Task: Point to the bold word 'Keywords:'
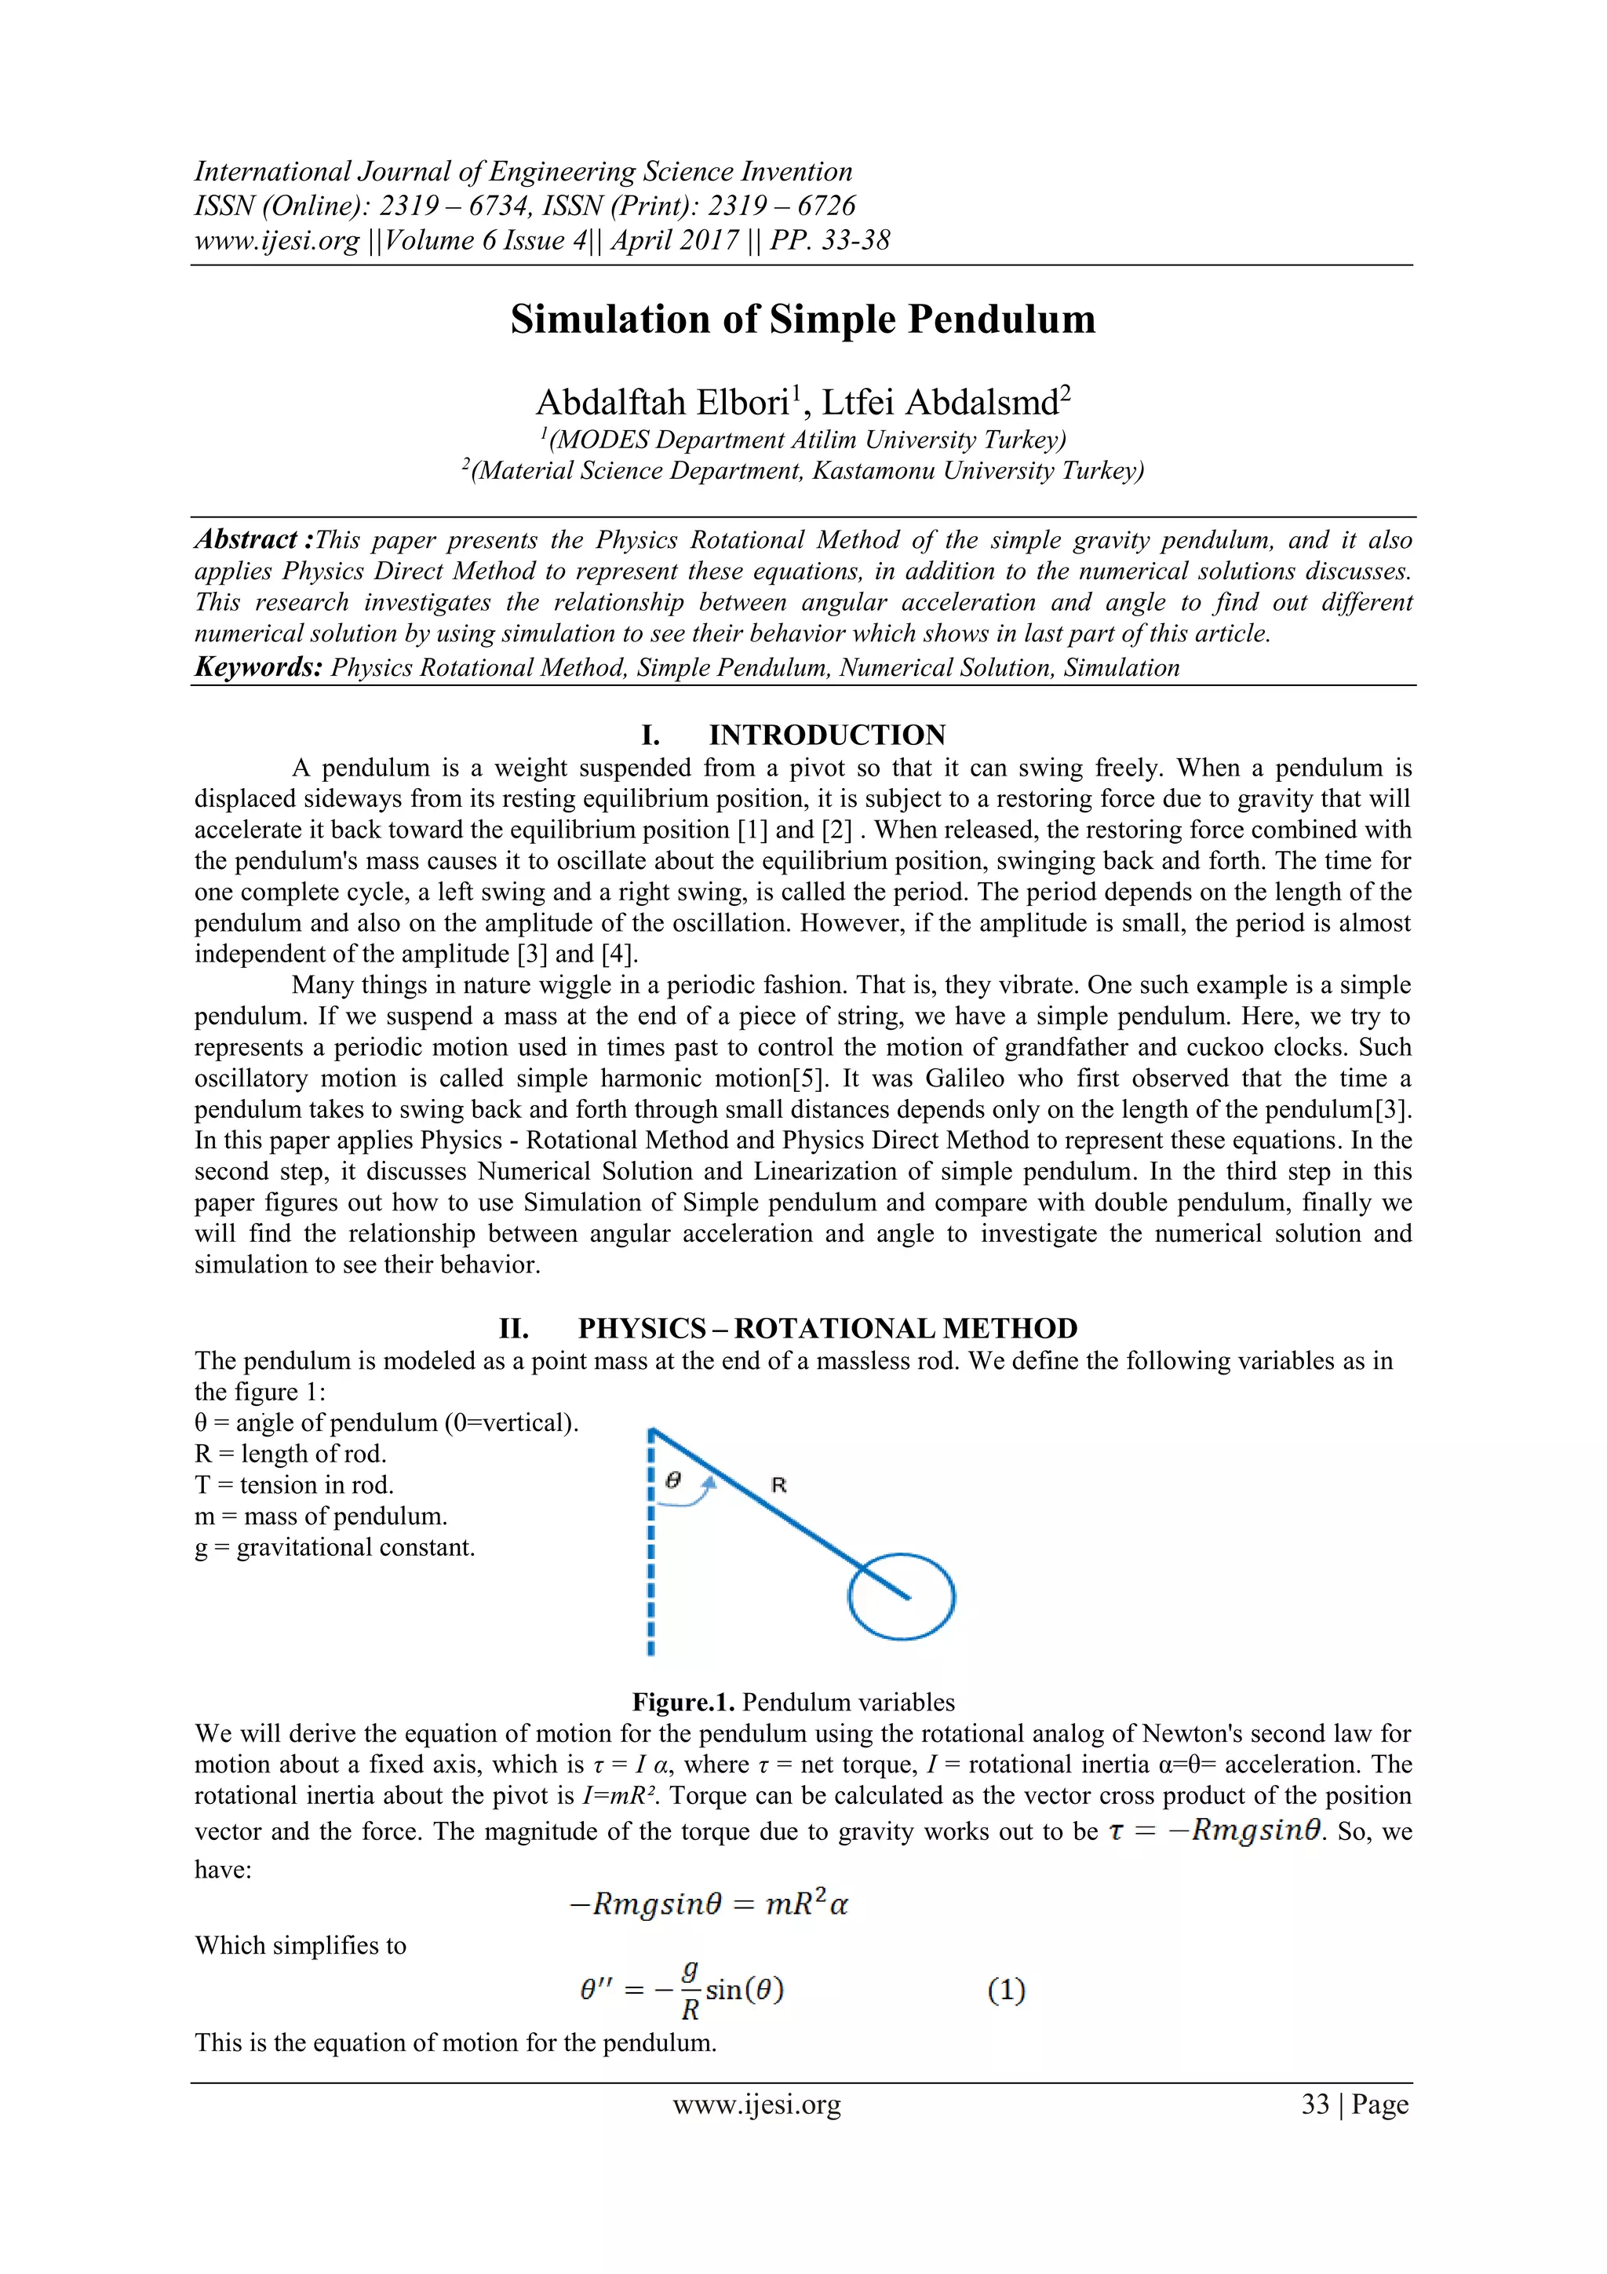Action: (258, 666)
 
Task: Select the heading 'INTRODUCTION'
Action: (827, 735)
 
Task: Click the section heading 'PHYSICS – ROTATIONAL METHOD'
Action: (827, 1328)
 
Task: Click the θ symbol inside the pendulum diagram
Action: (673, 1480)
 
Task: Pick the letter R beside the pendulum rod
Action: (778, 1484)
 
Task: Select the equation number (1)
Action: (1006, 1990)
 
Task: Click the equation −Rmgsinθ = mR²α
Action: (709, 1904)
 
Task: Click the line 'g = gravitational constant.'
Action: (335, 1548)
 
